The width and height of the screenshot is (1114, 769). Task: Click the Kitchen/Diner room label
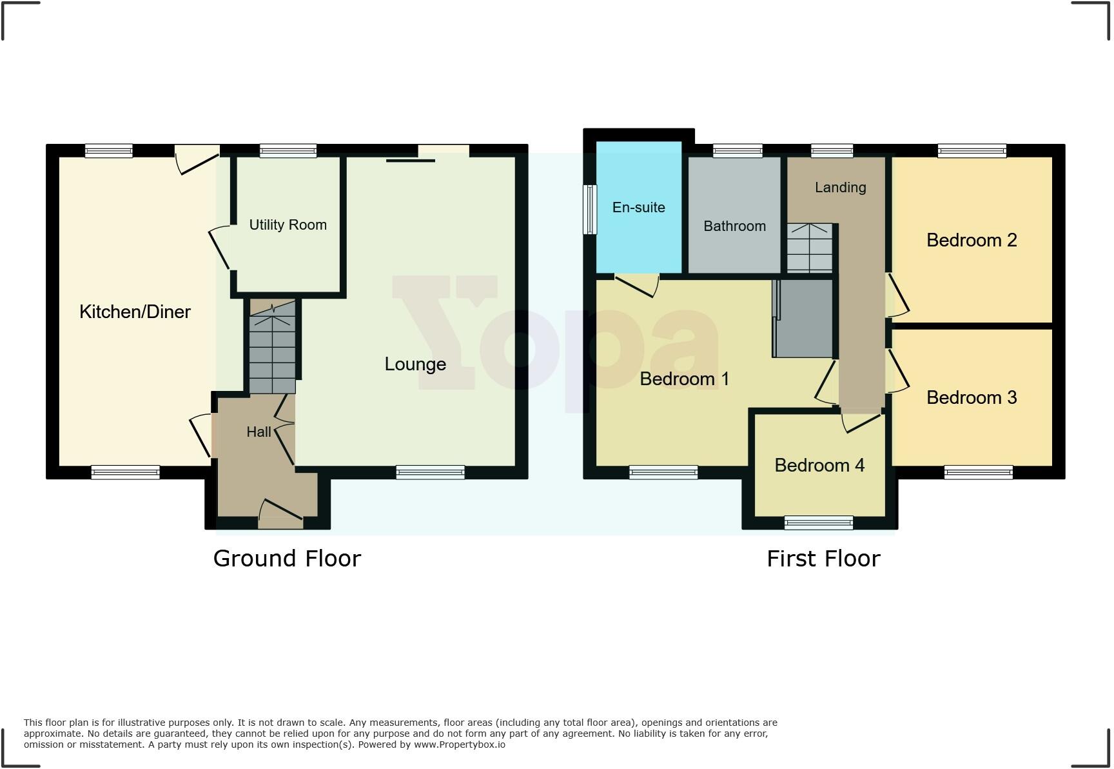point(135,312)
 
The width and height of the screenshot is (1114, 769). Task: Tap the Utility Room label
point(288,225)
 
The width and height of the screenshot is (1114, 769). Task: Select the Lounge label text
point(415,365)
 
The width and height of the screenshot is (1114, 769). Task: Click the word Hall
point(259,432)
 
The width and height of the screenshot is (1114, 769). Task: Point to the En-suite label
point(638,208)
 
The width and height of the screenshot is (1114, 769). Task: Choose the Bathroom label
point(734,226)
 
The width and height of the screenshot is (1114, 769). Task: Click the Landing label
point(840,188)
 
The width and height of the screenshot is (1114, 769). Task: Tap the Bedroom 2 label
point(971,241)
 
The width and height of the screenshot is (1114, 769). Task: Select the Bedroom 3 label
point(971,397)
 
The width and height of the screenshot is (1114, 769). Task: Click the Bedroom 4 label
point(819,465)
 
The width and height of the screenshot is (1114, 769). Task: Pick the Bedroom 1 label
point(684,379)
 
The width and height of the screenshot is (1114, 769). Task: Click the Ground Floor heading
point(287,558)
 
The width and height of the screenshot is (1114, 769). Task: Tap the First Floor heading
point(823,558)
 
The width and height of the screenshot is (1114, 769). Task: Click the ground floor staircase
point(272,348)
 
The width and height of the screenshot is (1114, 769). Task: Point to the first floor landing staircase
point(809,248)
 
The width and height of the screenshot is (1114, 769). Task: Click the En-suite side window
point(589,210)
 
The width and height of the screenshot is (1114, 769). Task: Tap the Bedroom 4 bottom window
point(818,523)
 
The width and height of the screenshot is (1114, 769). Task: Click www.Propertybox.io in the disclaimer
point(459,744)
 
